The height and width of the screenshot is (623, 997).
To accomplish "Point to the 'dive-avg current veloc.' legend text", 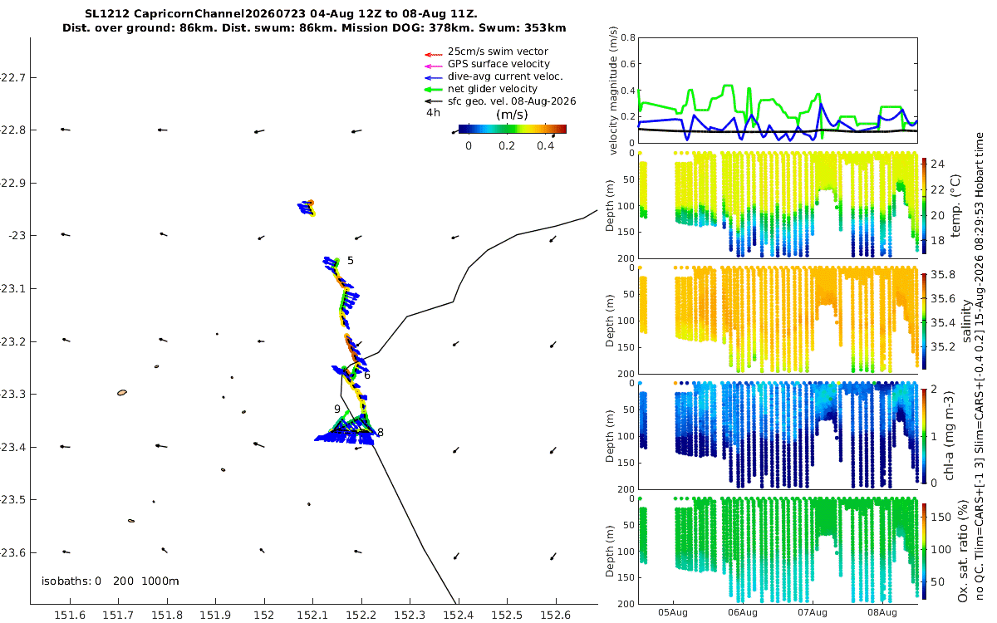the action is click(x=505, y=76).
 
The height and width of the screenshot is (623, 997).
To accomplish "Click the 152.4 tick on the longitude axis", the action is click(x=458, y=615).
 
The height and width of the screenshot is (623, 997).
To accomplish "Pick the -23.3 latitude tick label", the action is click(x=12, y=395).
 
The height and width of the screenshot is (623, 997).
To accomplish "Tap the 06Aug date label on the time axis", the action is click(x=743, y=612).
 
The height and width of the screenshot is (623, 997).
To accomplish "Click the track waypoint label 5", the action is click(x=351, y=261).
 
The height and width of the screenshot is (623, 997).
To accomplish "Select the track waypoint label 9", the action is click(x=337, y=409).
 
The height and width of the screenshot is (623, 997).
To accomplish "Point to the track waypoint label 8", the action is click(x=381, y=432).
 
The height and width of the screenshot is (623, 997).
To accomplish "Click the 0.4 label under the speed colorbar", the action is click(x=545, y=146).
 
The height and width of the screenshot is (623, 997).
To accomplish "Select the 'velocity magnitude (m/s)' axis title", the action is click(x=613, y=91).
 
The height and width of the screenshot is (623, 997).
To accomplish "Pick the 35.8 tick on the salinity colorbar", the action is click(x=943, y=275).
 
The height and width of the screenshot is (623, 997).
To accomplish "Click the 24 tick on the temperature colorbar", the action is click(x=937, y=164).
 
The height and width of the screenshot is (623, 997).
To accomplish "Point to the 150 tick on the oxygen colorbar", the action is click(x=941, y=517).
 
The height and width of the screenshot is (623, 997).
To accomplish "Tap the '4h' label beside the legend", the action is click(x=433, y=113).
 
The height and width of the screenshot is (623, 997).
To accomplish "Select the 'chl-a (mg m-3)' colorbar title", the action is click(x=949, y=436).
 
